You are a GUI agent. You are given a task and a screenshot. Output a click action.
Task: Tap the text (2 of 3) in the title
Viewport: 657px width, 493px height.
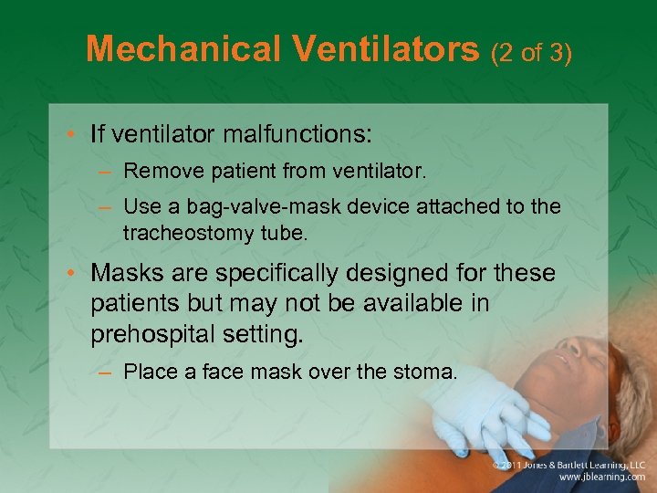click(531, 53)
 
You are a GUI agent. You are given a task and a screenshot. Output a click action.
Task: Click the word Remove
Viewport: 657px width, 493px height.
click(156, 170)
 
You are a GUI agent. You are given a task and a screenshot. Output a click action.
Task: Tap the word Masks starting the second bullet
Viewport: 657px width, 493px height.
click(125, 273)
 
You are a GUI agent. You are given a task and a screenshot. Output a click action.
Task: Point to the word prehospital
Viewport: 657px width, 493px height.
click(151, 335)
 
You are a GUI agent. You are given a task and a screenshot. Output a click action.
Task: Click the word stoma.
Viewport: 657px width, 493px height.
click(426, 372)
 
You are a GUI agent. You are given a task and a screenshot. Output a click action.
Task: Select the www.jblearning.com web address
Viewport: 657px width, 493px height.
click(601, 477)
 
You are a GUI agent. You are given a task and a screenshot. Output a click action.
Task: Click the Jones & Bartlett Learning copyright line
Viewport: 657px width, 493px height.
click(568, 465)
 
